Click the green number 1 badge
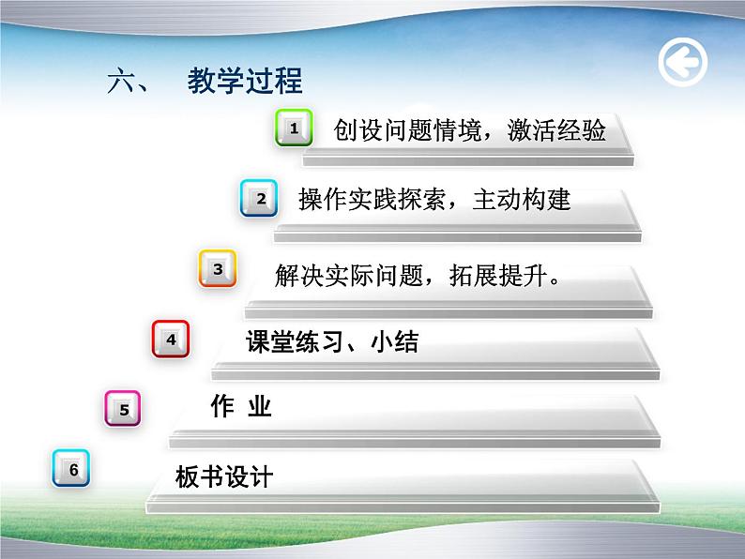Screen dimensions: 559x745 [x=294, y=128]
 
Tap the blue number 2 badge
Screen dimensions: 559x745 [x=259, y=198]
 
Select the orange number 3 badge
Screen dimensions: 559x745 [x=218, y=269]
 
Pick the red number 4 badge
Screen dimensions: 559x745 [x=171, y=339]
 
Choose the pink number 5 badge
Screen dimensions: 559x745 [x=123, y=409]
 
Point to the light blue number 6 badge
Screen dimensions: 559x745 [x=72, y=470]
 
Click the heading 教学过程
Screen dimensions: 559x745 [x=245, y=82]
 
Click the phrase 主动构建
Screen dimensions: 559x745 [x=522, y=200]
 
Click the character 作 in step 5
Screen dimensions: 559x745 [x=221, y=406]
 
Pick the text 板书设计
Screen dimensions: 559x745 [x=224, y=476]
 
